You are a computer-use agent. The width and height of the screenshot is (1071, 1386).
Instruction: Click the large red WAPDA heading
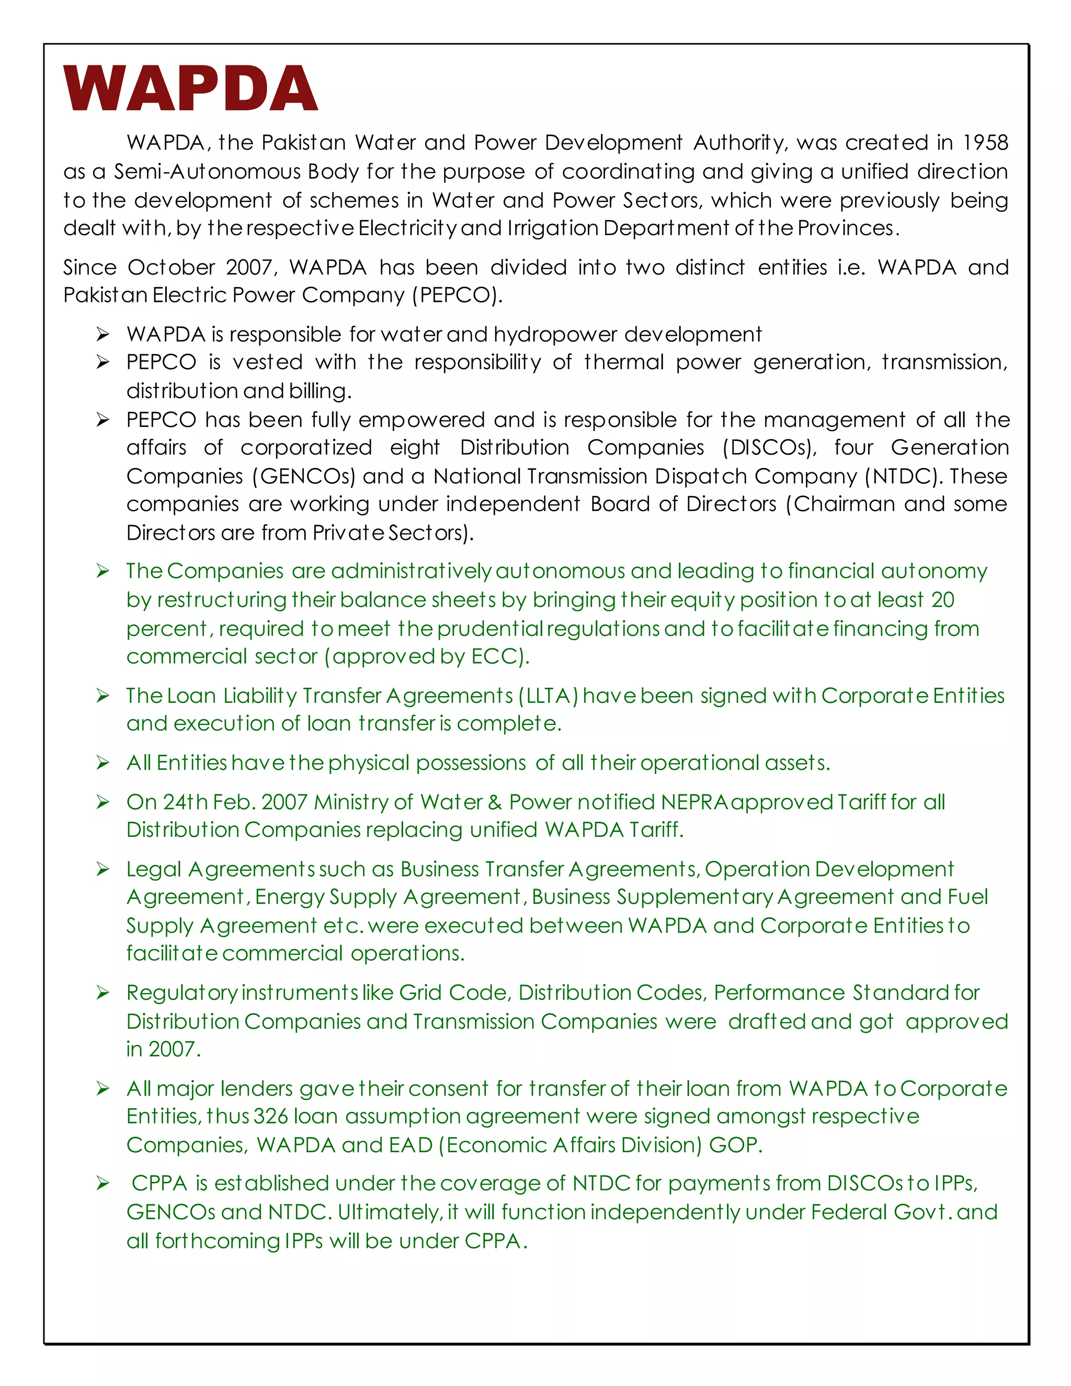coord(190,89)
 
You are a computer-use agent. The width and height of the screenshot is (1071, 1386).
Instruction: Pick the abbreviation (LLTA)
coord(548,696)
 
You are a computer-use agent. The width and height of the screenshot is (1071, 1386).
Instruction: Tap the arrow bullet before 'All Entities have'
coord(103,764)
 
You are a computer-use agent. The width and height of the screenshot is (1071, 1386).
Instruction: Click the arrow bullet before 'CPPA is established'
coord(103,1184)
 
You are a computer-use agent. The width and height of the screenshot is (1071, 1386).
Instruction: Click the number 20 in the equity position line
coord(943,600)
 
